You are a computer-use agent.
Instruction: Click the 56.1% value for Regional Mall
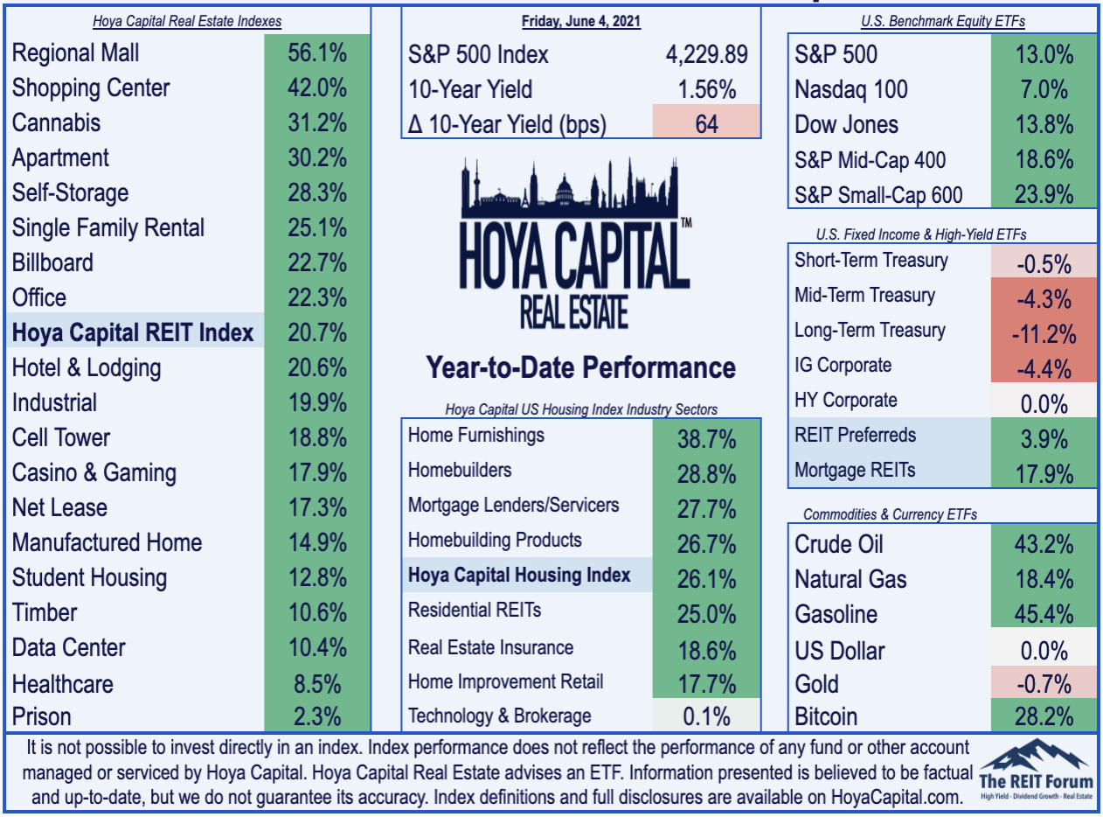316,52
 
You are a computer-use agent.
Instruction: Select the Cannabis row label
56,123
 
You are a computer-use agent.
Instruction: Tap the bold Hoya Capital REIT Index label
133,332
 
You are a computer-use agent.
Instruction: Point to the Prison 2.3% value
316,716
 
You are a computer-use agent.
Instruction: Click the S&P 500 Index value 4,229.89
707,54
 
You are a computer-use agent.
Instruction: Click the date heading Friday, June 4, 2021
581,21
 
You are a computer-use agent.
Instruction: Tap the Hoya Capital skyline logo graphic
575,242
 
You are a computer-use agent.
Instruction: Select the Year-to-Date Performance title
580,367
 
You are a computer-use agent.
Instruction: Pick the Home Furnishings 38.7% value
706,439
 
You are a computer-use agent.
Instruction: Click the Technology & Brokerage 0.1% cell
706,716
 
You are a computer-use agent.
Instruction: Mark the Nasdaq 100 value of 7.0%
1044,89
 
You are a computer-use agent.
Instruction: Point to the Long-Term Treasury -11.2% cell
1044,334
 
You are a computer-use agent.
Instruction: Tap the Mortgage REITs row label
855,470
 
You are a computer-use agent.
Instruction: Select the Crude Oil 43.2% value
1044,544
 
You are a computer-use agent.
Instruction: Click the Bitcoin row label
826,716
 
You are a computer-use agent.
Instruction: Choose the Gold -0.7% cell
1044,683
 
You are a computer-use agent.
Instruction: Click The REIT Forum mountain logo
1037,769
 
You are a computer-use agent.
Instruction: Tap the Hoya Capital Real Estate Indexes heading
187,21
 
